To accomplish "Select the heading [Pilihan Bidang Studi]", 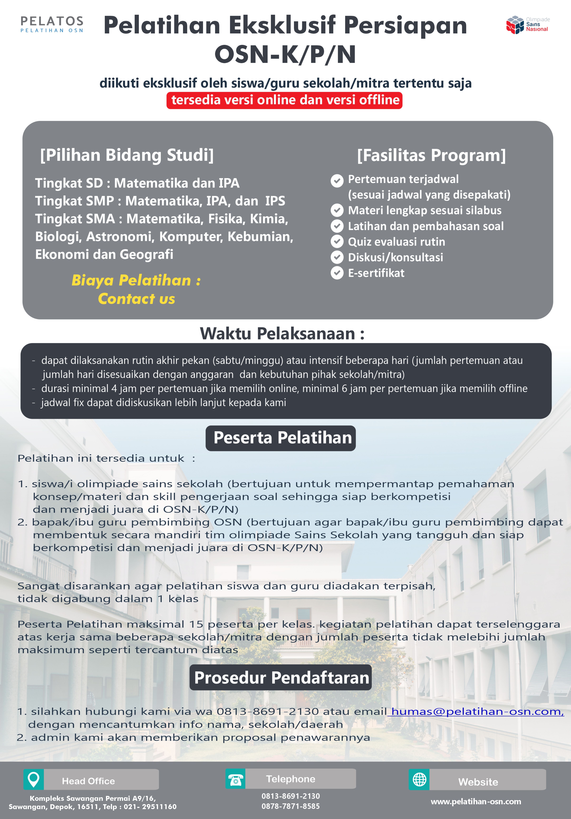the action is [x=127, y=155].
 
